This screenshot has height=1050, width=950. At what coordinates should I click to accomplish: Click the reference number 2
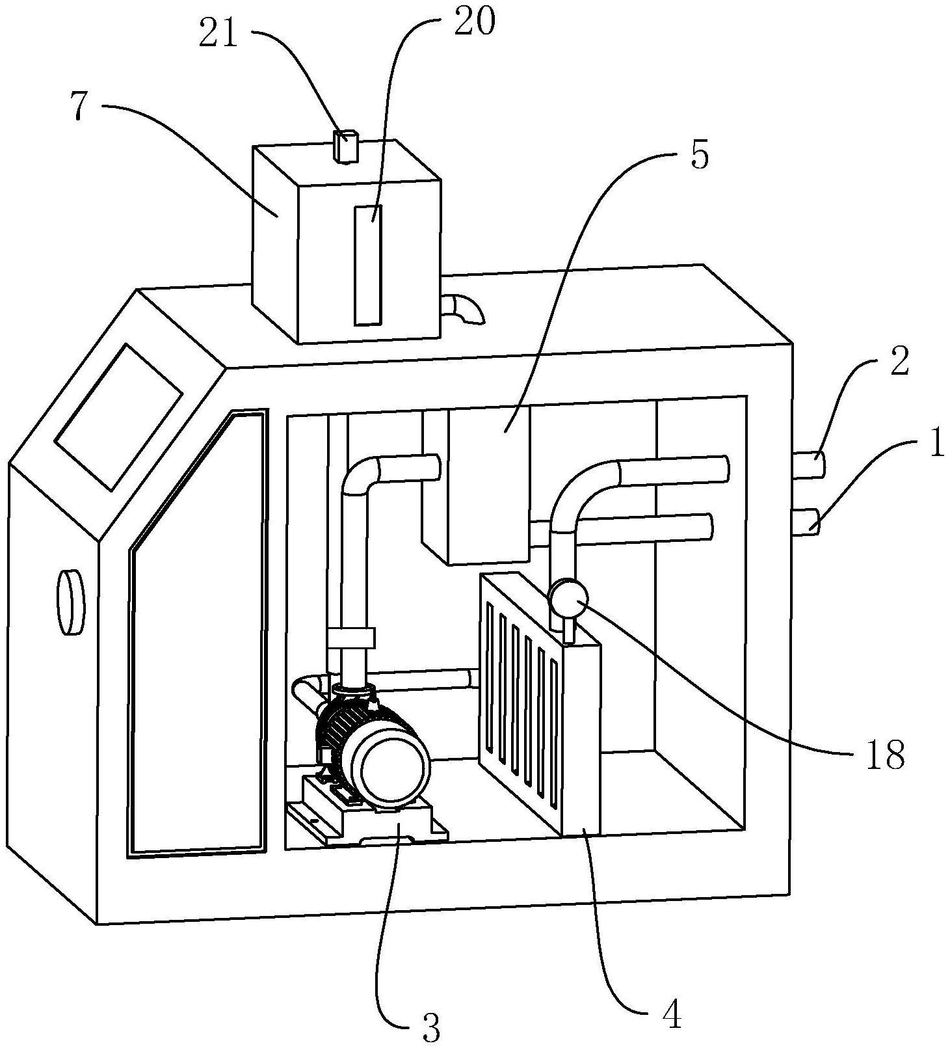pos(899,363)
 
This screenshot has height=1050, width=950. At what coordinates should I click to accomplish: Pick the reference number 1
pos(935,447)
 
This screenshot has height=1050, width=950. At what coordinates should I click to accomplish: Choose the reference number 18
pos(885,755)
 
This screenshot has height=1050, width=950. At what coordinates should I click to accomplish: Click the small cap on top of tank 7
pos(345,145)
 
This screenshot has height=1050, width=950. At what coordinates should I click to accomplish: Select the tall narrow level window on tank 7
pos(368,264)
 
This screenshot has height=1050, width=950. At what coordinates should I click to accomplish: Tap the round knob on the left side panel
pos(71,602)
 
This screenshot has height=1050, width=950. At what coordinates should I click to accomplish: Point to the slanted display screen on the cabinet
pos(118,416)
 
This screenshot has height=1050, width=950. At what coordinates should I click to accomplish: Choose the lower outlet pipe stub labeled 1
pos(808,522)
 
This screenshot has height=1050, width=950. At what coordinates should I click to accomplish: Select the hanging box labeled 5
pos(488,481)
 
